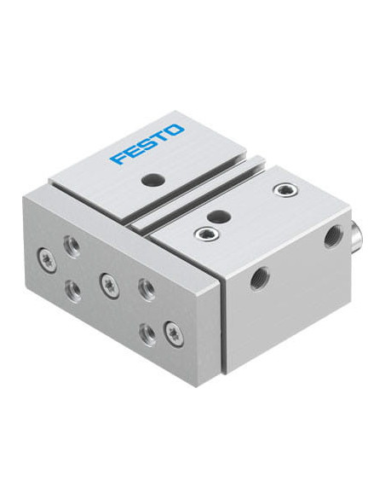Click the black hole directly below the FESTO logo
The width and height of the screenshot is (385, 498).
(x=149, y=181)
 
